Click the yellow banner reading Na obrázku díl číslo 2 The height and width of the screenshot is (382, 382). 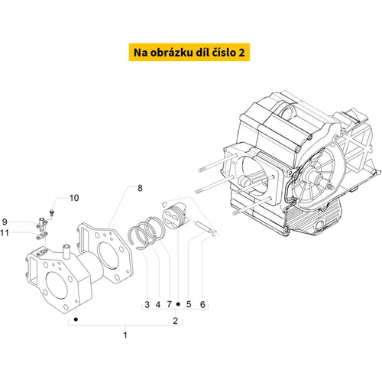(189, 52)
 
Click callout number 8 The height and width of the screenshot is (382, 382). (140, 188)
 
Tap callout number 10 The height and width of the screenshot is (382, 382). (74, 198)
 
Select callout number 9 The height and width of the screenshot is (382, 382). (5, 222)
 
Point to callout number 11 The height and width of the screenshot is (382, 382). (5, 233)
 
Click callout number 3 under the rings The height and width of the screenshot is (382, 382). (147, 304)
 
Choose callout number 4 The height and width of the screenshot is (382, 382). (158, 304)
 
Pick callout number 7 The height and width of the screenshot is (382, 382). (169, 304)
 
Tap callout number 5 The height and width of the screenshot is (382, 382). (189, 304)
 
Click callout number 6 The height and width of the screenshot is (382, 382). (202, 304)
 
